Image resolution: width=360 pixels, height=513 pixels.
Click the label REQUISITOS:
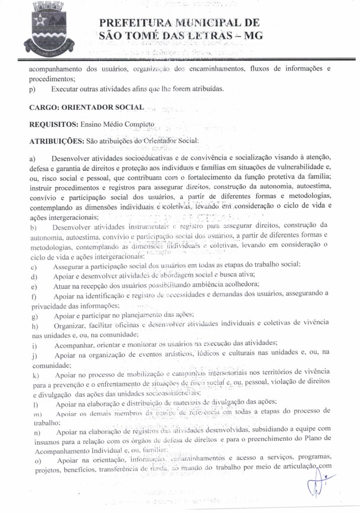tap(52, 124)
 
